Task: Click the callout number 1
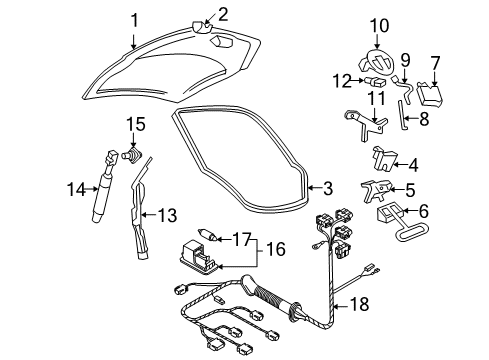(x=134, y=21)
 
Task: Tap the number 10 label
(x=379, y=26)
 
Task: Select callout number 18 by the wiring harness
(x=359, y=304)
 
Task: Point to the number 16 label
(x=276, y=249)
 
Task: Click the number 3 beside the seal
(x=328, y=188)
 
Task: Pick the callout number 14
(x=77, y=190)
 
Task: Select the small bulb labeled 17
(x=208, y=234)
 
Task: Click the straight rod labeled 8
(x=402, y=115)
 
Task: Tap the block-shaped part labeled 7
(x=430, y=94)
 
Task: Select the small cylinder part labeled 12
(x=375, y=81)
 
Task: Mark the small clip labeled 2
(x=202, y=27)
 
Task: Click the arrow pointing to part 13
(x=149, y=215)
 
